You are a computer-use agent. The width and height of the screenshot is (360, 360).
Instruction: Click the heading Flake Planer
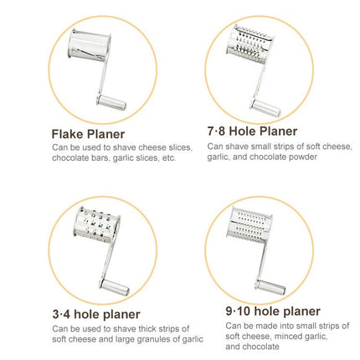pyautogui.click(x=88, y=134)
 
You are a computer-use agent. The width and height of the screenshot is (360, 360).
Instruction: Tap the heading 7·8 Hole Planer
pyautogui.click(x=252, y=131)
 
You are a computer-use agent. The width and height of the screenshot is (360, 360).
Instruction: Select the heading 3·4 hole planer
pyautogui.click(x=96, y=315)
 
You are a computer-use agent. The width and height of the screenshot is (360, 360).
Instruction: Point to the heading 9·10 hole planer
pyautogui.click(x=273, y=311)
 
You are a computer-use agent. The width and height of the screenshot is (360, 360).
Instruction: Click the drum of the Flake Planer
pyautogui.click(x=90, y=44)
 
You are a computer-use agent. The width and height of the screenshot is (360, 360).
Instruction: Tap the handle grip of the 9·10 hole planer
pyautogui.click(x=270, y=286)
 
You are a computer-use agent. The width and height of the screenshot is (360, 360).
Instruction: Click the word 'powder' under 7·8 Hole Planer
pyautogui.click(x=303, y=157)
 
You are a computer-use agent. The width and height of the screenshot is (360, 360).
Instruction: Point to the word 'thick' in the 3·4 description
pyautogui.click(x=147, y=329)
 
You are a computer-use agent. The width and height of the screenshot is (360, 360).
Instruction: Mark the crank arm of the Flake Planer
pyautogui.click(x=102, y=78)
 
